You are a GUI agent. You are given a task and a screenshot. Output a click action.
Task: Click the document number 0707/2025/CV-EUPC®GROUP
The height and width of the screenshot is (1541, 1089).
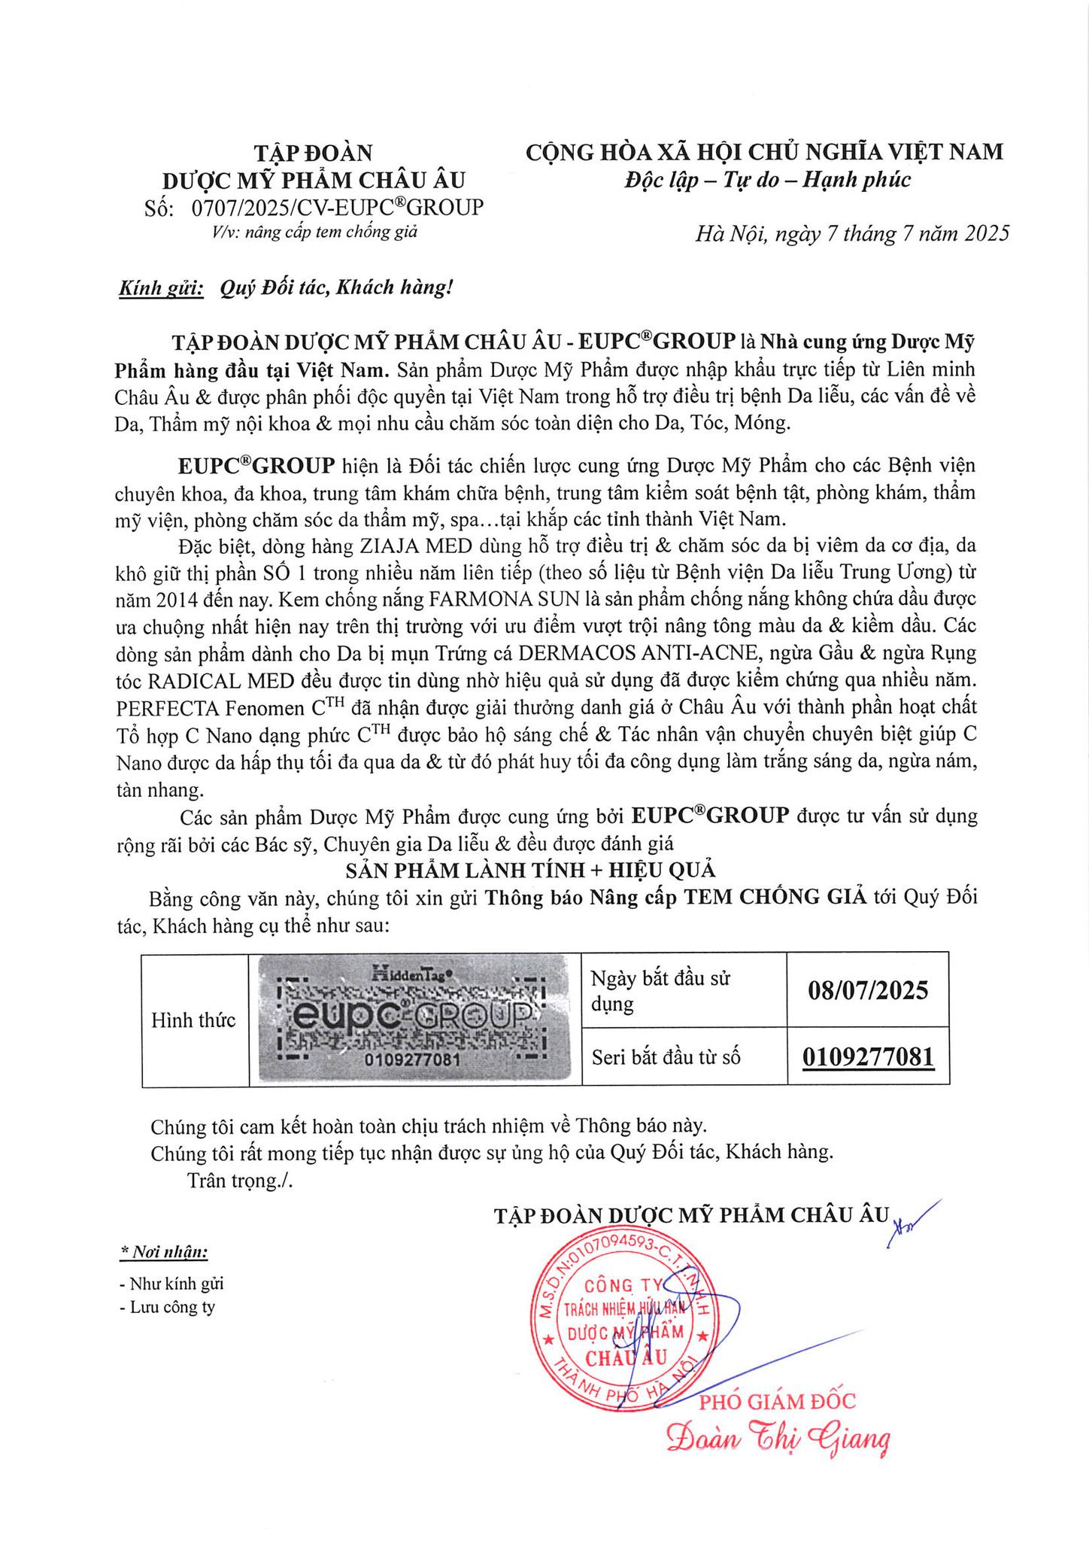click(338, 207)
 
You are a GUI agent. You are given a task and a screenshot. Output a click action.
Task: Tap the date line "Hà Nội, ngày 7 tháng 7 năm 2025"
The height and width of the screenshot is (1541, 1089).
click(851, 234)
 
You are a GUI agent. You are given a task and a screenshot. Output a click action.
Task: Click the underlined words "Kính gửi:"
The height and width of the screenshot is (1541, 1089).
click(161, 288)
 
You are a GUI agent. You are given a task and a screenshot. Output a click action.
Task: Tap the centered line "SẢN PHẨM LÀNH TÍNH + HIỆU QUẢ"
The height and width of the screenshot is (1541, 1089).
click(530, 871)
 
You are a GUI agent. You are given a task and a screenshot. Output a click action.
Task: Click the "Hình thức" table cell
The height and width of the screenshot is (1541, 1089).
click(194, 1020)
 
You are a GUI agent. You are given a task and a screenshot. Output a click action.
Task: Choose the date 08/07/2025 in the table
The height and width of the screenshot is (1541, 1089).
click(868, 989)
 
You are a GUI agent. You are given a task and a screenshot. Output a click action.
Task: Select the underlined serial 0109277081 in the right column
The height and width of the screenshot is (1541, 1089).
click(868, 1057)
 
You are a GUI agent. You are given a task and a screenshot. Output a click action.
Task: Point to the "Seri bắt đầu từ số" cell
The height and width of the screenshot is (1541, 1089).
click(666, 1057)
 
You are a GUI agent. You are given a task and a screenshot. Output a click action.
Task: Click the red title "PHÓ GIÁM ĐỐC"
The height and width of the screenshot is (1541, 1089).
click(778, 1400)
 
